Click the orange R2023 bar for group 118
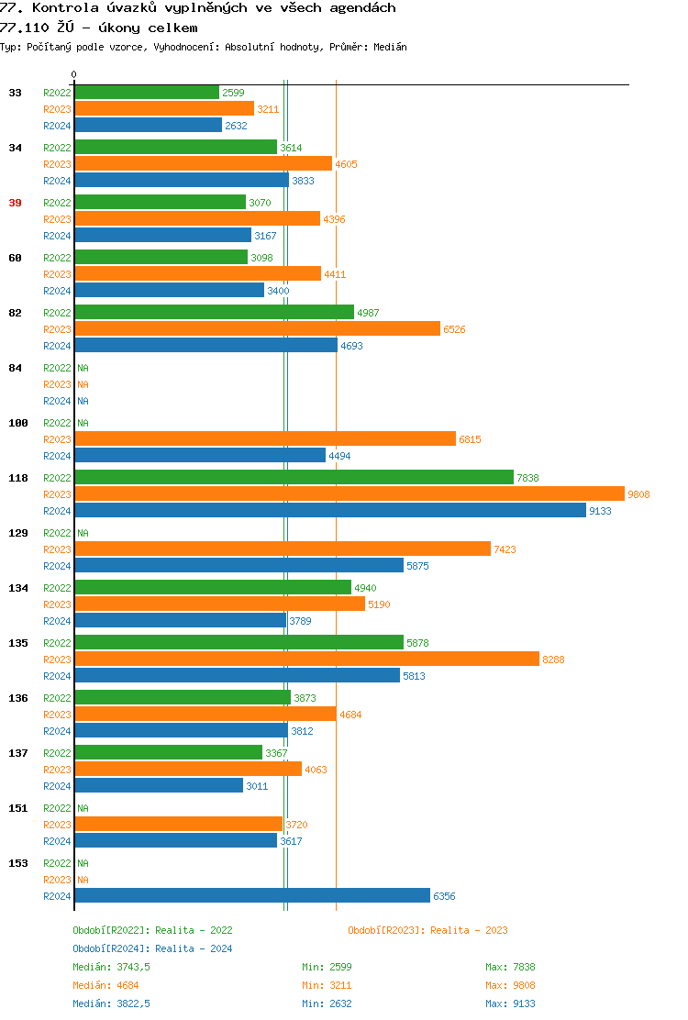point(349,494)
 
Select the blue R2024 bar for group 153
point(252,896)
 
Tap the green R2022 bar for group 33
point(147,93)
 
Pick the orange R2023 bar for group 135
point(306,660)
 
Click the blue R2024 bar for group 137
point(159,786)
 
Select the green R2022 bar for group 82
point(214,313)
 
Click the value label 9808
point(638,494)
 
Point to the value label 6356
point(444,896)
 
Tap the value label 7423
point(505,549)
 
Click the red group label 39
point(15,203)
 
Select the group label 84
point(15,368)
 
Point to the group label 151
point(17,808)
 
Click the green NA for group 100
point(83,423)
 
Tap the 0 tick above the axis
point(74,74)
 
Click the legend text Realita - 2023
point(469,930)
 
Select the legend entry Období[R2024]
point(112,948)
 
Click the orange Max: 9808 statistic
point(510,985)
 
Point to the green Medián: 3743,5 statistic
point(111,967)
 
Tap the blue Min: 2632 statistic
point(327,1003)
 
